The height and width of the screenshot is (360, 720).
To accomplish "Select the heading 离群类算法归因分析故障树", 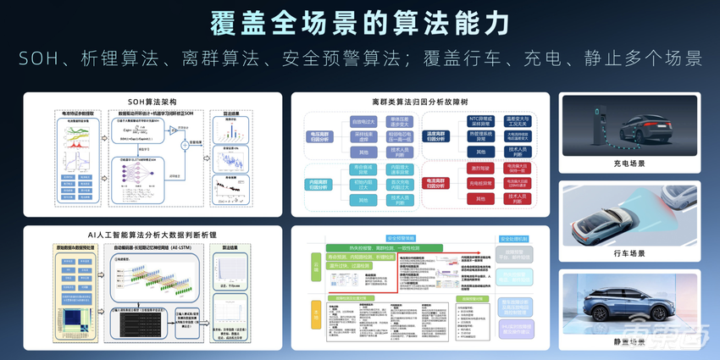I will (x=420, y=102).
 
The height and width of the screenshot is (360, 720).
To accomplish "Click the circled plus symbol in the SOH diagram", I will (x=182, y=146).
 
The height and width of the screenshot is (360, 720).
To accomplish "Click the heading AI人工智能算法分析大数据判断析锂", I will (x=152, y=231).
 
